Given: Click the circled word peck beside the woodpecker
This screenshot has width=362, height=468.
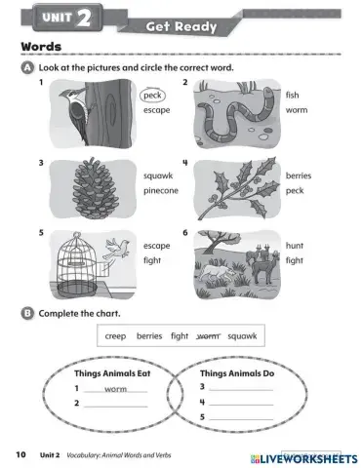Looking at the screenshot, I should (151, 96).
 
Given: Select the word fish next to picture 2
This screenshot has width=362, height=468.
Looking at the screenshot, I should (293, 96).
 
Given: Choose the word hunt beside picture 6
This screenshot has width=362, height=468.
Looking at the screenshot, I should (295, 246).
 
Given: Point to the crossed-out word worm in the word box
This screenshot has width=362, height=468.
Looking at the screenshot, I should (208, 335).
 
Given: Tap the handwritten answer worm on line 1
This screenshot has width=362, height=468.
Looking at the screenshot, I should (116, 388).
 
